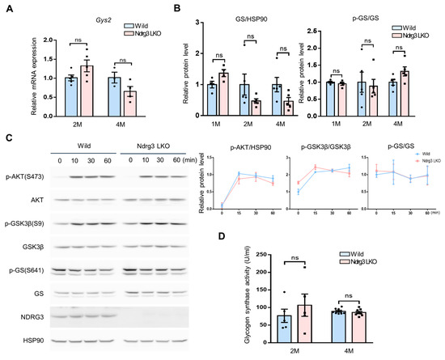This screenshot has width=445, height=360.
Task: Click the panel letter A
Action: point(7,10)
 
